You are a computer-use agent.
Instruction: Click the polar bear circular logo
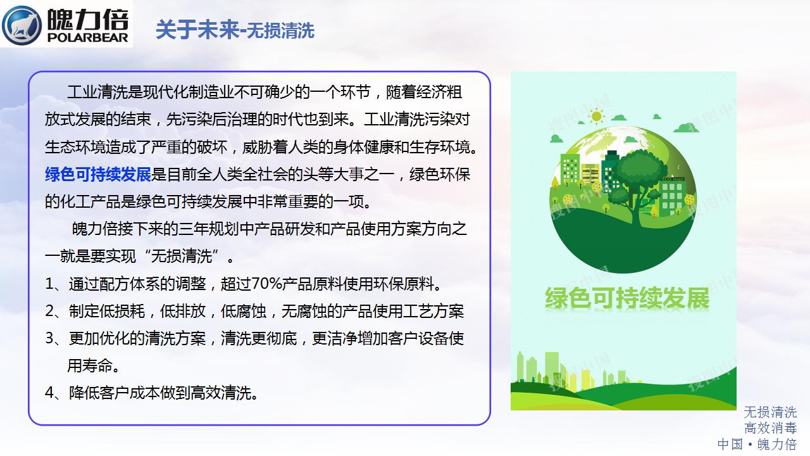coord(22,25)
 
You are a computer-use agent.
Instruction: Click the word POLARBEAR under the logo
coord(88,37)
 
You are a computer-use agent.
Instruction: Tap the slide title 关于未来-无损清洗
coord(235,30)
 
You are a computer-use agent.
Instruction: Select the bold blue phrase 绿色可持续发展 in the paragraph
coord(97,174)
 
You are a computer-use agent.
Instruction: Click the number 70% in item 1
coord(266,284)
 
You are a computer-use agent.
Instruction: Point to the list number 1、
coord(55,284)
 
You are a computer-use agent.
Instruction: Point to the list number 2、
coord(55,311)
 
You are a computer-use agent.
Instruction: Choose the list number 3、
coord(55,338)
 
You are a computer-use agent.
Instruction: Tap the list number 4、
coord(55,393)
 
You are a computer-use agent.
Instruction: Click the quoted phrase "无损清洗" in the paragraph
coord(182,256)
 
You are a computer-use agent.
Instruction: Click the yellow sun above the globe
coord(596,117)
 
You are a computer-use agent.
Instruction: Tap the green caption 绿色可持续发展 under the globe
coord(627,298)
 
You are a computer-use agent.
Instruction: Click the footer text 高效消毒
coord(770,428)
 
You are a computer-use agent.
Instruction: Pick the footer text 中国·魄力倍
coord(757,445)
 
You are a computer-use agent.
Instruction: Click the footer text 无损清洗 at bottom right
coord(770,412)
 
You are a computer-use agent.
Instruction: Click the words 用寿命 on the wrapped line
coord(90,365)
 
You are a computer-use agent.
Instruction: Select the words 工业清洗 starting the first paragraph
coord(97,92)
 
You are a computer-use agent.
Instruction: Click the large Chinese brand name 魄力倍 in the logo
coord(88,20)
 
